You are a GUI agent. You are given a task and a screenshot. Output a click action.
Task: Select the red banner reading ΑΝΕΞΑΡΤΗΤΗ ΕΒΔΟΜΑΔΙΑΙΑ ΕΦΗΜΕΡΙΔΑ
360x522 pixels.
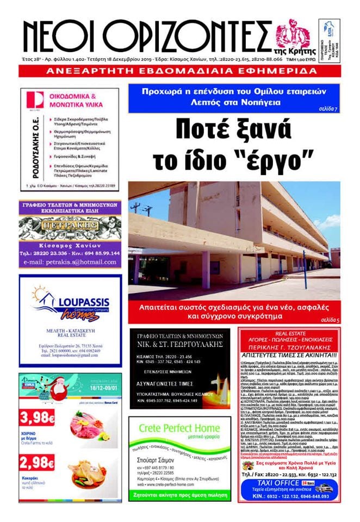point(180,71)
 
